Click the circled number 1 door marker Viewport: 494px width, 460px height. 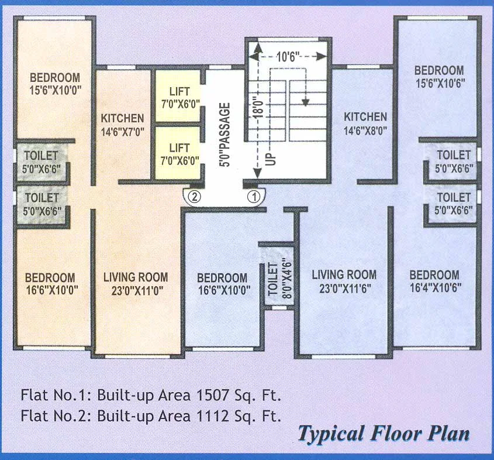click(254, 197)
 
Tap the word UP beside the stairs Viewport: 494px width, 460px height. click(271, 158)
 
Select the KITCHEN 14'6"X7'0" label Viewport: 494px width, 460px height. click(122, 123)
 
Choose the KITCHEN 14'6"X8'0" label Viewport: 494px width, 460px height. click(365, 123)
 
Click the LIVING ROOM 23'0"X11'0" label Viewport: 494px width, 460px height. click(135, 283)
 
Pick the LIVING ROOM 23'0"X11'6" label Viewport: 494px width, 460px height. click(344, 281)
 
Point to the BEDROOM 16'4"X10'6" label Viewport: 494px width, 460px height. click(434, 281)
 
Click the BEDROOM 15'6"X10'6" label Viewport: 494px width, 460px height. click(439, 77)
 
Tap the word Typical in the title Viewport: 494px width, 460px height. click(331, 435)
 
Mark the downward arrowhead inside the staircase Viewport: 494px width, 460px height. click(305, 104)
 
